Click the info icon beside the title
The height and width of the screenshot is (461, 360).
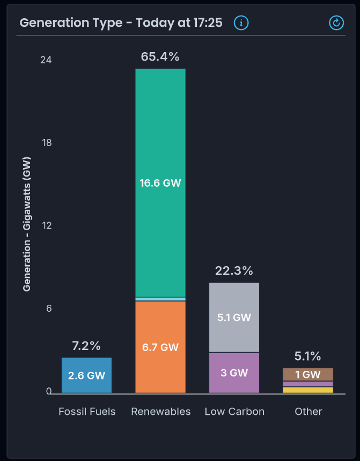pos(241,23)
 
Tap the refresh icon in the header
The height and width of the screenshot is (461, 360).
pos(336,23)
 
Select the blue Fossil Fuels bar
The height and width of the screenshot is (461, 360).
pos(86,375)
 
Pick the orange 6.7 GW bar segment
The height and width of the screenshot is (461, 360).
pos(160,347)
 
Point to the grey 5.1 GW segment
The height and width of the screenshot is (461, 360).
pos(234,317)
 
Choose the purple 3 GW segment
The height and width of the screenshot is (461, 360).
pos(234,372)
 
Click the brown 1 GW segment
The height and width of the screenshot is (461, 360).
pos(308,374)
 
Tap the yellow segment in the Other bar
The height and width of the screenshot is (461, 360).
pos(308,390)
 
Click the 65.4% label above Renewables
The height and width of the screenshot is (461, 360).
pos(160,57)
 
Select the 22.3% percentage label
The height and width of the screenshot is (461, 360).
pos(234,271)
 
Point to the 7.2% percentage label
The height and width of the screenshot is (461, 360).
pos(86,346)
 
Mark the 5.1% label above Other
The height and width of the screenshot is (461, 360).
pos(308,356)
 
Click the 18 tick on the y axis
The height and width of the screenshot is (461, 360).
pos(46,143)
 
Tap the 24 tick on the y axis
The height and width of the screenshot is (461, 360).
pos(46,60)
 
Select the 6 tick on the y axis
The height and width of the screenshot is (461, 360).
pos(48,309)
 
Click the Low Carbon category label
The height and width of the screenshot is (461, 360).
pos(234,412)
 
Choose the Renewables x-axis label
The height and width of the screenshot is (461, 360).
pos(161,412)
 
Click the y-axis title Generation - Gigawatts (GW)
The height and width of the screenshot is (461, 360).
pos(27,224)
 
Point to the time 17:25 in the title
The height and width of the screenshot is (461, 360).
pos(208,23)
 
